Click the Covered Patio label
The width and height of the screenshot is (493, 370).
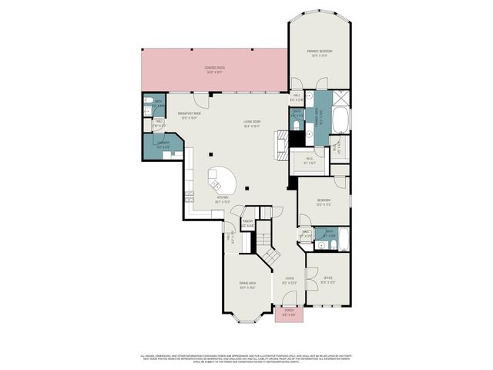pos(215,69)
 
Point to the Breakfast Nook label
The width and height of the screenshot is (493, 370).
pos(189,116)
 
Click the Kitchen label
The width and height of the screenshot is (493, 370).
pos(223,199)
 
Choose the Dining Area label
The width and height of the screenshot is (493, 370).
pos(247,284)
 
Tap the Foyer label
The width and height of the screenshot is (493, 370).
pos(289,281)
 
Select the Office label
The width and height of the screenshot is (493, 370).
pos(327,281)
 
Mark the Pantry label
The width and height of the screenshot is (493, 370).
pos(248,224)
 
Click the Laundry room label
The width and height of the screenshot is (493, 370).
pos(163,145)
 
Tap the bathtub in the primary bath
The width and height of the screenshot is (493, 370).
pos(340,120)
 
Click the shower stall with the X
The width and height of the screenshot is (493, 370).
pos(340,97)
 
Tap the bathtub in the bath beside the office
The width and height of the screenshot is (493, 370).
pos(343,240)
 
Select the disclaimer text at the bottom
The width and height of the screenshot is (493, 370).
pos(246,358)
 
